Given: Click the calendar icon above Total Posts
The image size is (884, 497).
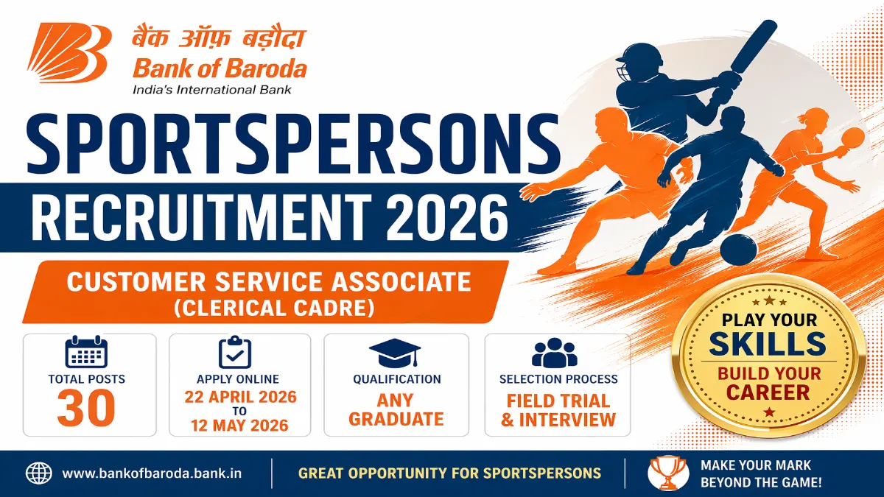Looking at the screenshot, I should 86,353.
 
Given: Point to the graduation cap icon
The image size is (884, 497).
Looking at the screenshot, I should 396,353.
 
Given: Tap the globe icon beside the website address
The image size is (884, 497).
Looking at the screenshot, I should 38,473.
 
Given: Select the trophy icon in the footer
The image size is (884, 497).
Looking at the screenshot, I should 668,473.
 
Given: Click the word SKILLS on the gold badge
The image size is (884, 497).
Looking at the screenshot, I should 768,345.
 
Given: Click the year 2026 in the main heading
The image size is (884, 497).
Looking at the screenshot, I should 440,215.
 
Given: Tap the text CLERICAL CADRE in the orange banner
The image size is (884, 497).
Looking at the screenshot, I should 269,307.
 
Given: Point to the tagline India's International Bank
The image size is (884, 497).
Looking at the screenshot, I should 211,90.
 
